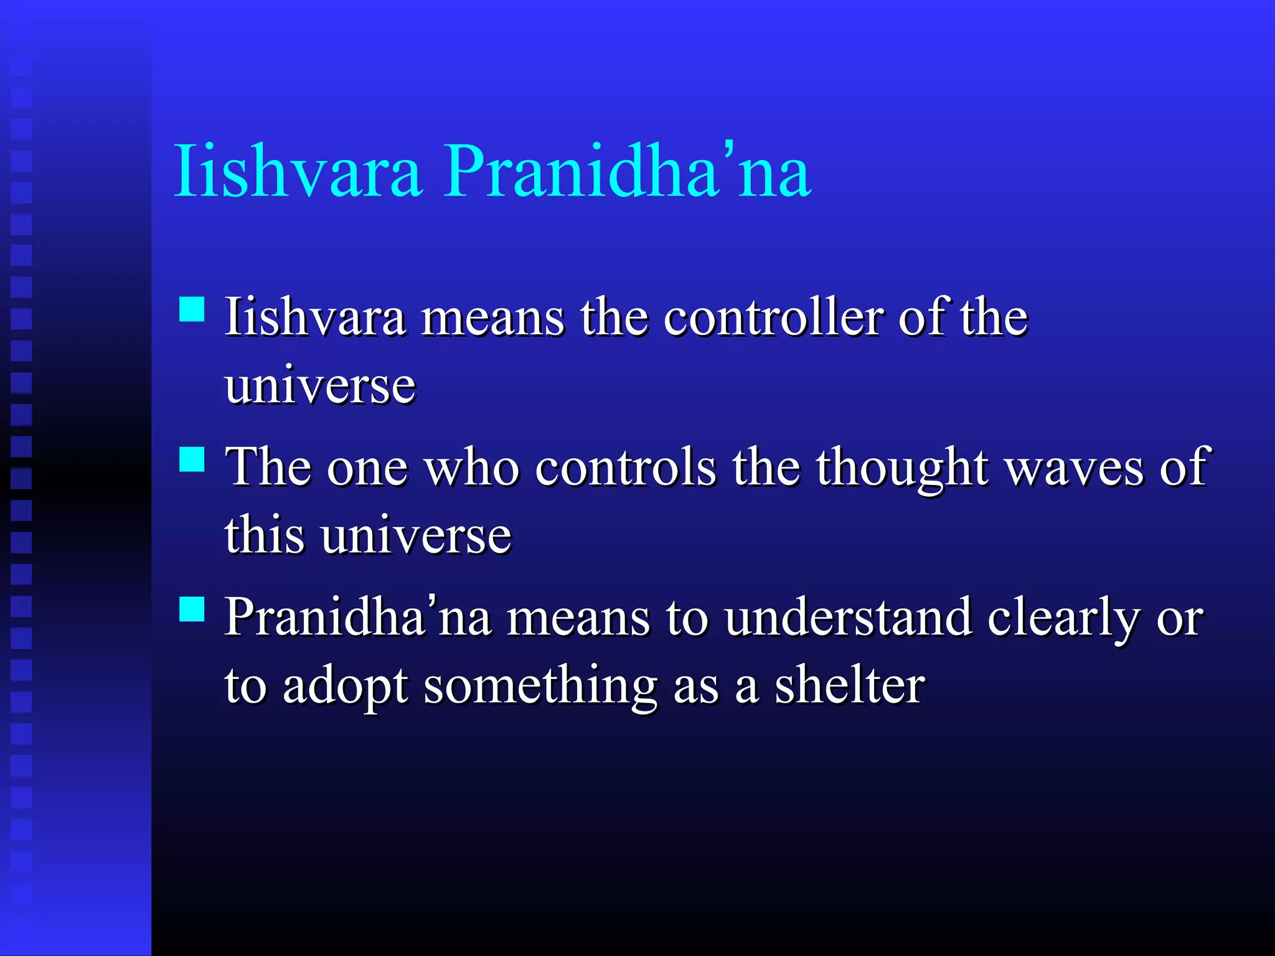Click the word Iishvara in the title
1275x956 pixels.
click(298, 171)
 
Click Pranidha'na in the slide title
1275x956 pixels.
click(626, 171)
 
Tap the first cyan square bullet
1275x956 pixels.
click(192, 309)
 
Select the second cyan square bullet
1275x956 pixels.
click(192, 459)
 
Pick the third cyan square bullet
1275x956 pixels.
click(192, 609)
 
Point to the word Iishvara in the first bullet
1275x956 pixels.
click(315, 317)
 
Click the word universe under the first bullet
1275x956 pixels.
click(320, 386)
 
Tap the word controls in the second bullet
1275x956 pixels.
click(625, 468)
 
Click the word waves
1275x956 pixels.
click(1075, 468)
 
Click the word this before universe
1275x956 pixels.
click(265, 535)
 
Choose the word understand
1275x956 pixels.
click(848, 618)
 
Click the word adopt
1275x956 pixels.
click(345, 687)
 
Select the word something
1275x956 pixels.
click(540, 687)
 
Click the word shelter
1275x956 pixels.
click(849, 687)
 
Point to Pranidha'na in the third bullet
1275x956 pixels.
click(357, 618)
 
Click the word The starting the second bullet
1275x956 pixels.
click(268, 468)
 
